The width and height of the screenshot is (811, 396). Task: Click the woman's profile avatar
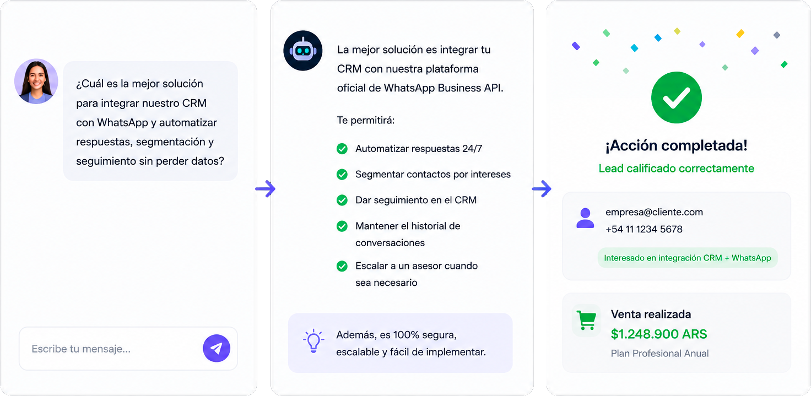36,82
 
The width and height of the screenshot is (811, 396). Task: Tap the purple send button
217,348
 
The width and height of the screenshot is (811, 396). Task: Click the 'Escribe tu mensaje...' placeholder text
81,349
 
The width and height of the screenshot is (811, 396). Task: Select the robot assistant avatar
303,50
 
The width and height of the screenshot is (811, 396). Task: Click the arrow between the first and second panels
266,188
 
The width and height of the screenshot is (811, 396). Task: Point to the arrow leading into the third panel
542,188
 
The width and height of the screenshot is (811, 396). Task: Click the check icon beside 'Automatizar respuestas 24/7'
342,149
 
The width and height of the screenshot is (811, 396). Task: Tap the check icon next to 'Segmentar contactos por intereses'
342,175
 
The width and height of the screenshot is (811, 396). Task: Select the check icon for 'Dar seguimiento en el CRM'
342,200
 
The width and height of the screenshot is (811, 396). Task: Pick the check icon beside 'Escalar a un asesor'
342,266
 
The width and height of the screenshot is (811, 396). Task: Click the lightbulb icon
313,340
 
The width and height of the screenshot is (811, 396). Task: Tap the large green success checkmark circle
677,97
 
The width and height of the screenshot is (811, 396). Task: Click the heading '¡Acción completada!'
677,145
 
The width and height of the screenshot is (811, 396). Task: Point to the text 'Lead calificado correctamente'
677,169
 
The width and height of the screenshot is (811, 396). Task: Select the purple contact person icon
585,218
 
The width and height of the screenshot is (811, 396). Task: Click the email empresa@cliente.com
654,212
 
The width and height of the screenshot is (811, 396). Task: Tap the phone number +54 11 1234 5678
644,229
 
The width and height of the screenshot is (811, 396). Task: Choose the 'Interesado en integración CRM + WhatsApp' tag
688,258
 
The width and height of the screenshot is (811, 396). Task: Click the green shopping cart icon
586,321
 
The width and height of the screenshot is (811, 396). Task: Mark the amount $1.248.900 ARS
659,334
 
